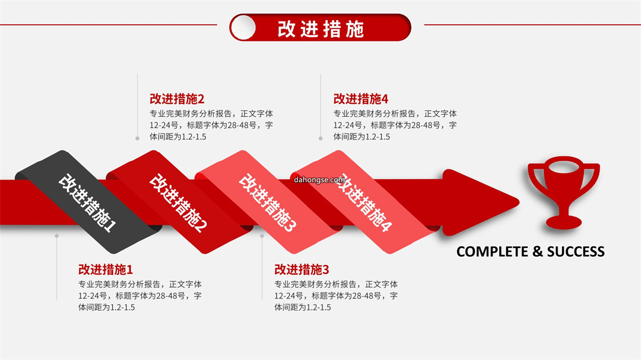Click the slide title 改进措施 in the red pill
coord(320,29)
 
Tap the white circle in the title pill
coord(243,28)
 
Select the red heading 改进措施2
coord(177,99)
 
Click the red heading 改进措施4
coord(361,99)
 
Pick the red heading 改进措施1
coord(106,270)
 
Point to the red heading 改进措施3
coord(302,270)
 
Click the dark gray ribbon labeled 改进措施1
coord(88,202)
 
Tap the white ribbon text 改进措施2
coord(178,203)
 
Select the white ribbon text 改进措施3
coord(267,203)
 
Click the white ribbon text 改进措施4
coord(363,203)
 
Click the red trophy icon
coord(563,193)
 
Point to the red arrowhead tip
coord(519,202)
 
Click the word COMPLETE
coord(492,251)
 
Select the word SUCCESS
coord(576,251)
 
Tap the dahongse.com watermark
coord(319,180)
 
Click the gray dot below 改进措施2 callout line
coord(137,139)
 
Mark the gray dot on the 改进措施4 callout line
coord(320,139)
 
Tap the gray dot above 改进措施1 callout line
coord(57,236)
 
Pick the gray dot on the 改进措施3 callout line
coord(262,236)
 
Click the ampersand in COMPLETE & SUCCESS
coord(538,251)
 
